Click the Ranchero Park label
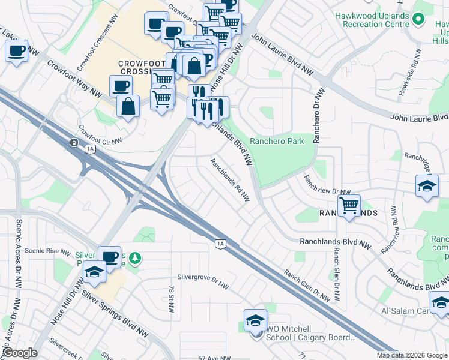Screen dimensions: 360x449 [x=277, y=141]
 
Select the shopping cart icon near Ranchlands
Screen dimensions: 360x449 [x=349, y=206]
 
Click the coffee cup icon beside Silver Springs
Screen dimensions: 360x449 [x=109, y=257]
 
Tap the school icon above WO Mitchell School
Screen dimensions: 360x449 [x=255, y=320]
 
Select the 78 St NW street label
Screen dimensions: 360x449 [x=171, y=299]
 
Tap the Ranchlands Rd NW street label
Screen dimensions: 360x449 [x=229, y=180]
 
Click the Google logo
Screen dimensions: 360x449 [x=20, y=353]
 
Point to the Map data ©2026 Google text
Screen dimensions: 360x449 [x=412, y=355]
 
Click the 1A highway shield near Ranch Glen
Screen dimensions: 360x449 [x=220, y=243]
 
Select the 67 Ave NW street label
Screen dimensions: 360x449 [x=214, y=358]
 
